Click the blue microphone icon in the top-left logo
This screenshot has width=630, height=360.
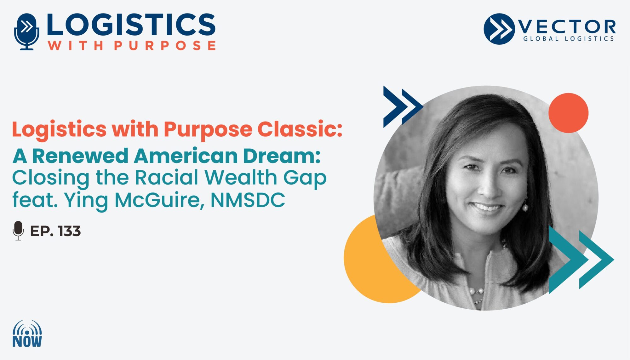tap(27, 31)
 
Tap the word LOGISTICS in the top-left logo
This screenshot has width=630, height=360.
tap(131, 24)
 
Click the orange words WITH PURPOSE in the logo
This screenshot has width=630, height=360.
tap(132, 45)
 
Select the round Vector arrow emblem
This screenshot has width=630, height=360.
tap(499, 29)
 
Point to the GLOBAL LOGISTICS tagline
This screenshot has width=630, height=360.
tap(569, 39)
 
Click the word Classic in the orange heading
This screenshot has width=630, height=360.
tap(300, 129)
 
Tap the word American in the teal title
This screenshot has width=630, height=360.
tap(186, 156)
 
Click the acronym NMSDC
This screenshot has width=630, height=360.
tap(248, 200)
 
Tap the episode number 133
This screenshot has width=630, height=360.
tap(69, 231)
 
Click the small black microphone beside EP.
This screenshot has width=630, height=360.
tap(18, 231)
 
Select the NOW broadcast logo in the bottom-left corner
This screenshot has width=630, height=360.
tap(27, 334)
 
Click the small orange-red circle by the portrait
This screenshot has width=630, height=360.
tap(568, 113)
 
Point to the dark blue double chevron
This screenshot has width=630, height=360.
tap(403, 107)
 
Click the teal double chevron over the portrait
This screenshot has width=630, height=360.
tap(581, 260)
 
